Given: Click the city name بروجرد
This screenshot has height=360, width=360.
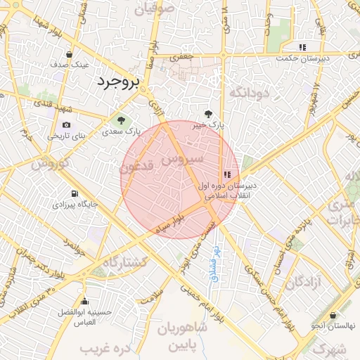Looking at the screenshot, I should click(118, 82).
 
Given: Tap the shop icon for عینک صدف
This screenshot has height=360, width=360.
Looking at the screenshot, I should click(69, 54).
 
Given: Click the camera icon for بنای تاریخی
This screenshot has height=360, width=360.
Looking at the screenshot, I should click(67, 124).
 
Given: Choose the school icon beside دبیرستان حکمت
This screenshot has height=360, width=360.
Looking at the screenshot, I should click(302, 47).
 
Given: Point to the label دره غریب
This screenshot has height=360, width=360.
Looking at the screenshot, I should click(107, 348).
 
